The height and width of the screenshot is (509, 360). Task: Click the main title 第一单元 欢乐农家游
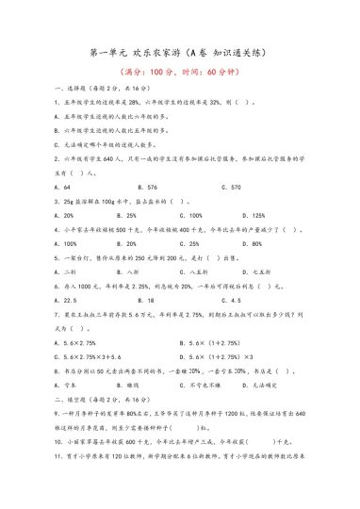[179, 54]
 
